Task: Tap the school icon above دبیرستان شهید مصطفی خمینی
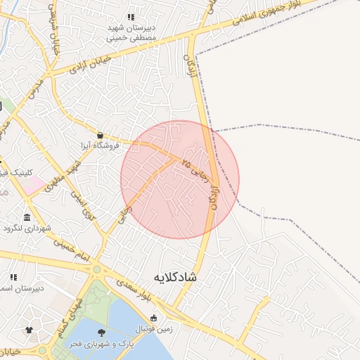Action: coord(130,17)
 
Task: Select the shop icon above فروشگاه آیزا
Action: coord(101,135)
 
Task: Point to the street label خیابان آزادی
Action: coord(91,65)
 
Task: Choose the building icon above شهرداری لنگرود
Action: coord(27,217)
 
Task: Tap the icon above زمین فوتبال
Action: coord(154,317)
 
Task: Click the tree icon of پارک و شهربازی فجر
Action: coord(103,333)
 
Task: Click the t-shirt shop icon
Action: coord(29,329)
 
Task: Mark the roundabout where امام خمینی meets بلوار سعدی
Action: coord(96,269)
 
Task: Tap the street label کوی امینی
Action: coord(85,205)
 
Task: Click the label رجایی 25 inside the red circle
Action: coord(195,169)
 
